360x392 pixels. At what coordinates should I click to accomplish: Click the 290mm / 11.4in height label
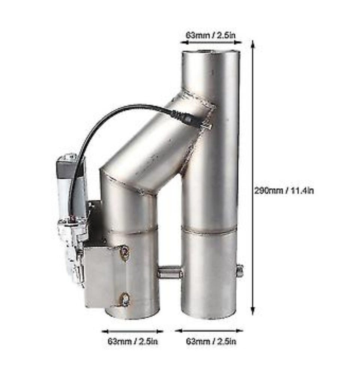284,191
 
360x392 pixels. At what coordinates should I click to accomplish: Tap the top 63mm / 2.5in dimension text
210,35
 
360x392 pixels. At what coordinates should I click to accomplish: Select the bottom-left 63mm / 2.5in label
133,341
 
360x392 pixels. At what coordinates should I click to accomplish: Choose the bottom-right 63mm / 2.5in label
211,341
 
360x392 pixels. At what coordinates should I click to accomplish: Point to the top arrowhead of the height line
253,44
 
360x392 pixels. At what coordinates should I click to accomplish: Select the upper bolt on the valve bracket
124,253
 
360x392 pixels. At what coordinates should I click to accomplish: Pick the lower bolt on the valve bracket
124,299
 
